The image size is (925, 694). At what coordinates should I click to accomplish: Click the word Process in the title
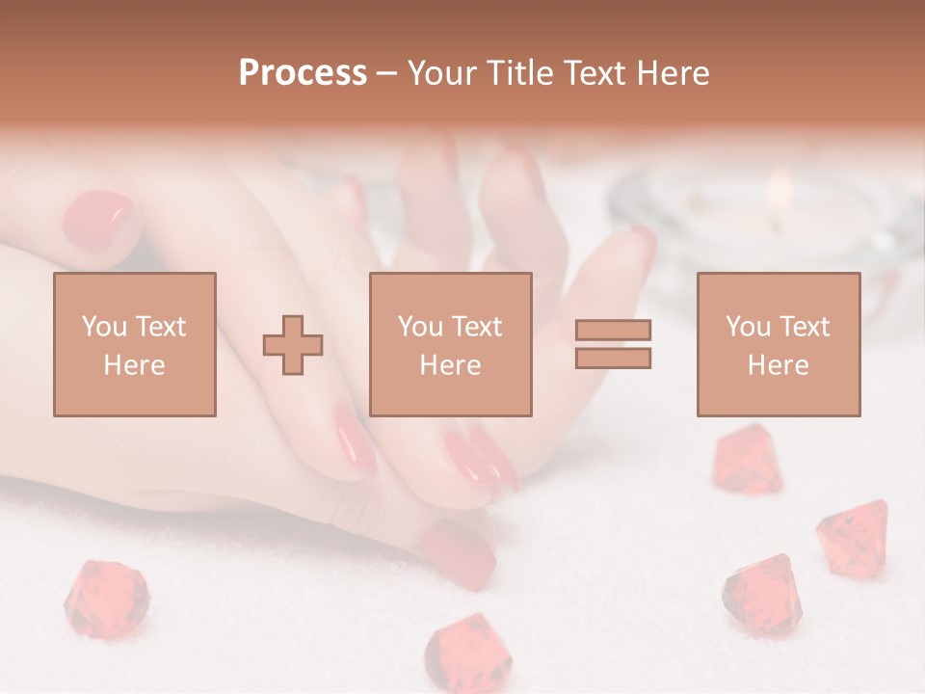coord(303,73)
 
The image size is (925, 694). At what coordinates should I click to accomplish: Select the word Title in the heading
coord(519,73)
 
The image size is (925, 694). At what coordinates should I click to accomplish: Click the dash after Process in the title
coord(386,74)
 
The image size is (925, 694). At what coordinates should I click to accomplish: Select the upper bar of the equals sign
coord(613,330)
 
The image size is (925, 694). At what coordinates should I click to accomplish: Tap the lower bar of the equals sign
coord(613,358)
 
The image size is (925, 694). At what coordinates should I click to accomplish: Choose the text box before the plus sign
coord(135,344)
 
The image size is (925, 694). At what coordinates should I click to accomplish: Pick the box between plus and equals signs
coord(451,344)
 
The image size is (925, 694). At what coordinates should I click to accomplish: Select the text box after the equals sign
coord(779,344)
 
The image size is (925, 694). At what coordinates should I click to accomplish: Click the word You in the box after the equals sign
coord(748,327)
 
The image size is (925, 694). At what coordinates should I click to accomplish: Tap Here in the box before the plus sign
coord(135,364)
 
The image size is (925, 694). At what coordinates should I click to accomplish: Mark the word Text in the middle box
coord(478,327)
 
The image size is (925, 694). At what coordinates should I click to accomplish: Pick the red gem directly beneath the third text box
coord(748,460)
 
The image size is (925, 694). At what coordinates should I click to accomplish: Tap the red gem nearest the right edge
coord(854,536)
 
